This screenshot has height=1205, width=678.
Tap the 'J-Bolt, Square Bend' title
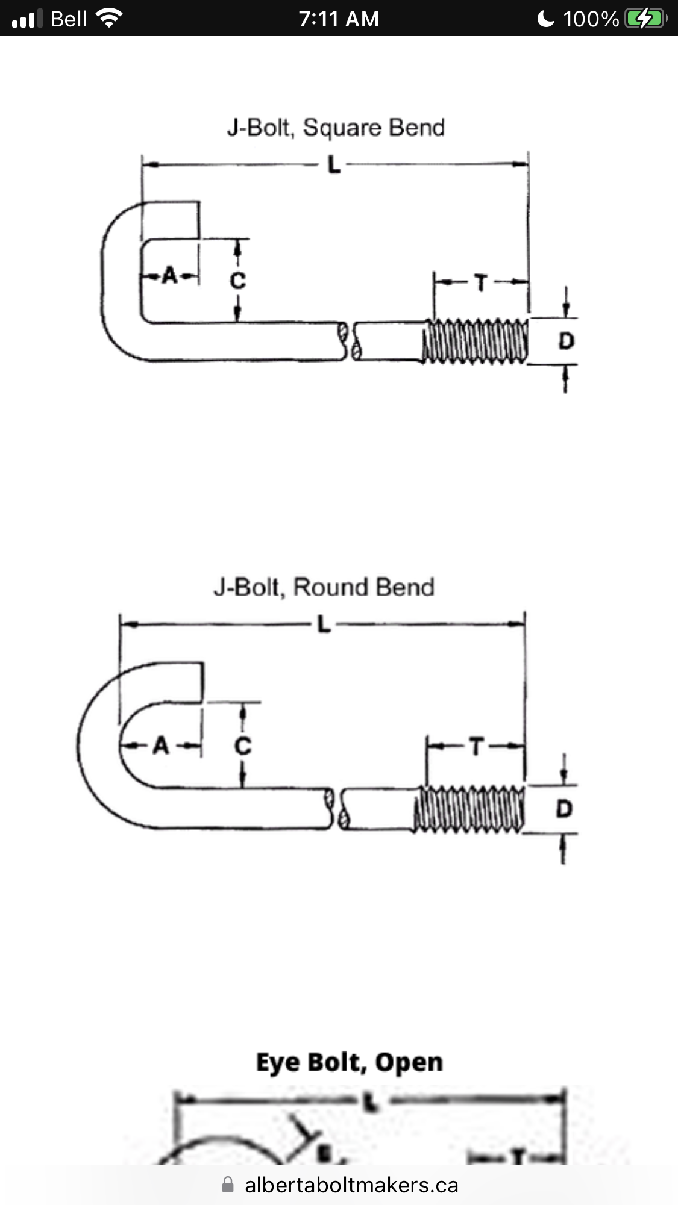pos(336,128)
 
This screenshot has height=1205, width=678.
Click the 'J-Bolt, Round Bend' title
pos(324,587)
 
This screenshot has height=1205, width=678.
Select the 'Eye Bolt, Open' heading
pos(350,1062)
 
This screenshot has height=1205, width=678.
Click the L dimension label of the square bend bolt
pos(334,164)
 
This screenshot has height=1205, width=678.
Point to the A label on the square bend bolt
pos(170,276)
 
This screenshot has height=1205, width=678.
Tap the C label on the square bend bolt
pos(238,280)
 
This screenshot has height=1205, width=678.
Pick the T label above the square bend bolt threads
pos(481,282)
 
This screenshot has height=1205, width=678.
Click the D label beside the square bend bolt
pos(566,341)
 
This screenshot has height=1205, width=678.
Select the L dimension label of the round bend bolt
pos(324,625)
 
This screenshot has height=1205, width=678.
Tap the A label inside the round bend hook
pos(161,746)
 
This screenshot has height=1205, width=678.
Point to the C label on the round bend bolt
pos(242,746)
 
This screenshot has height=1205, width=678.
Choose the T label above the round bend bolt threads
pos(476,747)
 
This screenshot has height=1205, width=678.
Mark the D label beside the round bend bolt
pos(563,809)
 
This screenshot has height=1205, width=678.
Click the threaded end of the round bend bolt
pos(468,809)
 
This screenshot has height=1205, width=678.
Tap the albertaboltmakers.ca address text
pos(351,1185)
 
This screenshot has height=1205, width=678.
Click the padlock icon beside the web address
pos(228,1185)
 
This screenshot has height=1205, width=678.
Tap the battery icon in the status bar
pos(645,19)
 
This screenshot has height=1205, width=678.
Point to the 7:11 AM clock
pos(339,19)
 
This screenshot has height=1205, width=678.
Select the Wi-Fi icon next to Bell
pos(109,19)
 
